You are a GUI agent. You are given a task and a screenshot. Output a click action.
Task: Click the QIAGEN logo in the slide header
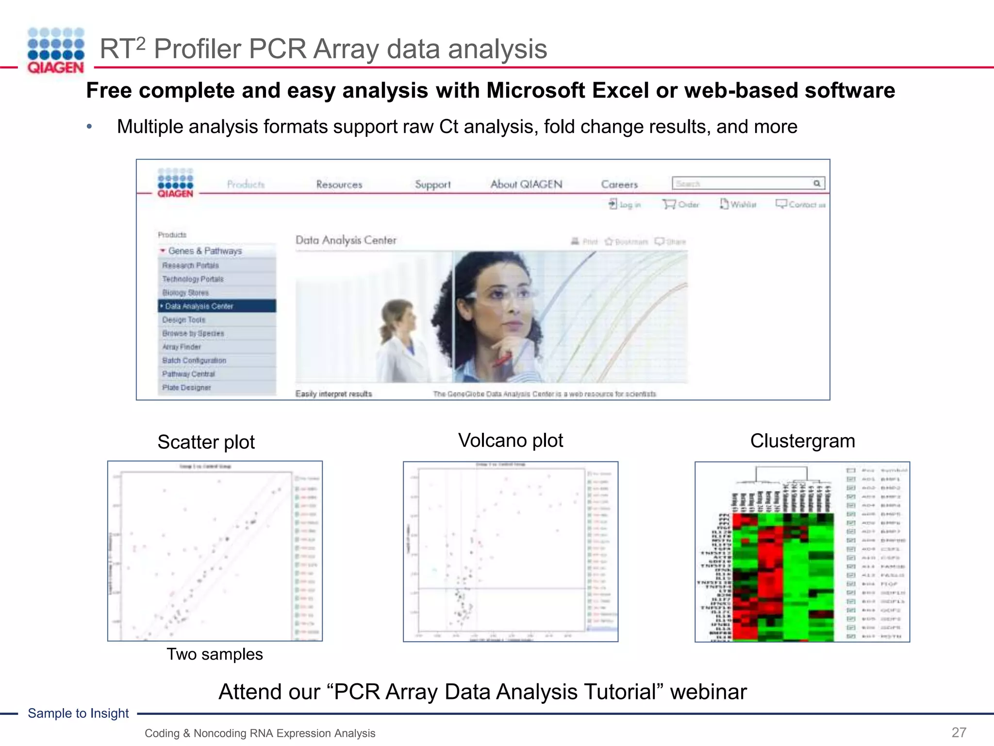click(x=56, y=51)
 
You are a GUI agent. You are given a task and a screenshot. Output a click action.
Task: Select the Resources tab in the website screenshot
click(x=339, y=185)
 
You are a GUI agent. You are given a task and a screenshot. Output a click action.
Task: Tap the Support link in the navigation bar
click(x=432, y=185)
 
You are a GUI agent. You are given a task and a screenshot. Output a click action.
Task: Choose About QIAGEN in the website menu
click(x=526, y=185)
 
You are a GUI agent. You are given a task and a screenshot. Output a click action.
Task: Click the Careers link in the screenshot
click(x=619, y=185)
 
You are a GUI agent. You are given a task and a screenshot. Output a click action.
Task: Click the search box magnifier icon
click(x=817, y=183)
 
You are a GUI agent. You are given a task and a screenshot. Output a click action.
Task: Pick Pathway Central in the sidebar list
click(x=188, y=374)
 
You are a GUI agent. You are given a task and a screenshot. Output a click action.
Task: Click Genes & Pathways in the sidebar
click(x=205, y=251)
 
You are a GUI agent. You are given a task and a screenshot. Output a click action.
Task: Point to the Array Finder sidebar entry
click(x=182, y=347)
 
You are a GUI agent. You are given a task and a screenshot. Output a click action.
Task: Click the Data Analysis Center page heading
click(x=346, y=240)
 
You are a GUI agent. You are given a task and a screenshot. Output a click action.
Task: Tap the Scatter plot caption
click(x=206, y=442)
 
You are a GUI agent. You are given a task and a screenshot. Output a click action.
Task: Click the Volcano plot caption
click(x=511, y=441)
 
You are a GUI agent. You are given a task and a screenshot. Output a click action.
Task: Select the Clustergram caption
click(x=802, y=441)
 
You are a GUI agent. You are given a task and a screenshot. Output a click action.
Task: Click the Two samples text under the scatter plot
click(x=215, y=654)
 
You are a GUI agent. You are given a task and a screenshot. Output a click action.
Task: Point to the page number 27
click(x=959, y=732)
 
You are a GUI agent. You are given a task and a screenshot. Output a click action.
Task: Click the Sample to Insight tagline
click(x=78, y=713)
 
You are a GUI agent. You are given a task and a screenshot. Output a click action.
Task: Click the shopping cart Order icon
click(x=669, y=204)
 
